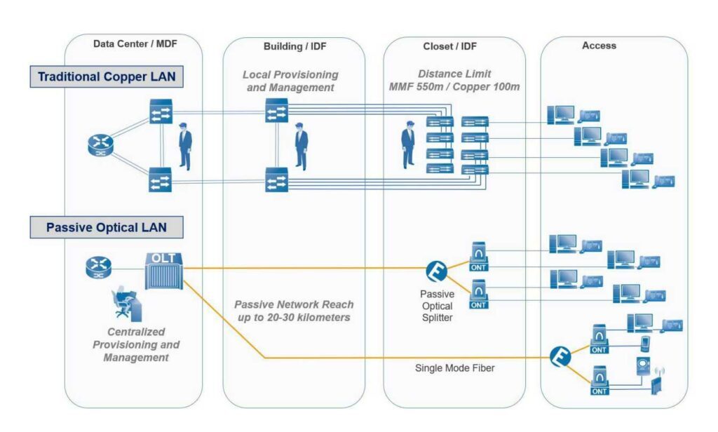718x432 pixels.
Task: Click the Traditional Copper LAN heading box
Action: coord(107,76)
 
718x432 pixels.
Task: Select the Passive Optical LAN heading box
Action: coord(107,227)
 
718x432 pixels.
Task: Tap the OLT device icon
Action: coord(163,270)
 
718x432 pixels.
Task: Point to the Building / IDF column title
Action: coord(294,46)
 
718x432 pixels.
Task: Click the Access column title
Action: coord(599,46)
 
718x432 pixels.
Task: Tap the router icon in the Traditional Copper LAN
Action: coord(100,146)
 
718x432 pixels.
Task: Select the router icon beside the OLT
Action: coord(98,266)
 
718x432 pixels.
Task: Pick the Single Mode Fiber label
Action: coord(454,367)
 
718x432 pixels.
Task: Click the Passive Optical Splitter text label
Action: coord(437,306)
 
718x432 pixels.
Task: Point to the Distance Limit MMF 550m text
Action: coord(454,80)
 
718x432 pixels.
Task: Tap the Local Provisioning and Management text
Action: coord(290,81)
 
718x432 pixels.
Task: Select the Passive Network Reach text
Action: coord(294,311)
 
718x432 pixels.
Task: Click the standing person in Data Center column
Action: coord(185,146)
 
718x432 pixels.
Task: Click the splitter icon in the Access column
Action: coord(560,356)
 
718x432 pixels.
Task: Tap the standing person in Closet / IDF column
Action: coord(407,145)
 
